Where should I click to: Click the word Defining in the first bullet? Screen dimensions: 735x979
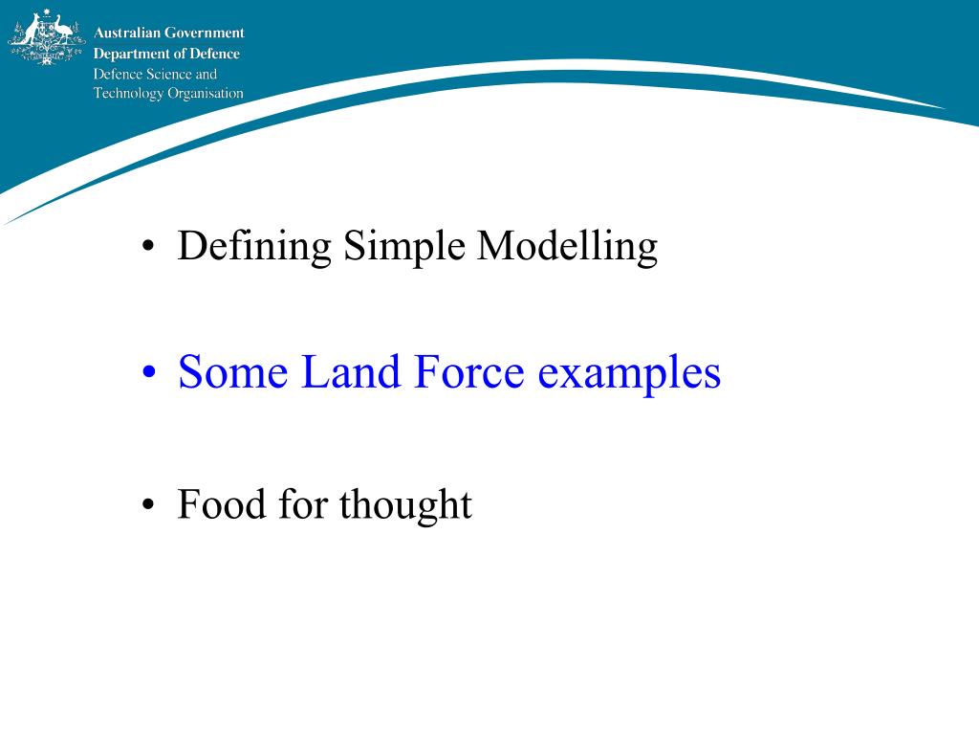click(x=254, y=246)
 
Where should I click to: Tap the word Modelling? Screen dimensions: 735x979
click(x=567, y=246)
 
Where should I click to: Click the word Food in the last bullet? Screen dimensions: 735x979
click(x=222, y=503)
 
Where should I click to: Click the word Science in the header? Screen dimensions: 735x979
click(x=169, y=74)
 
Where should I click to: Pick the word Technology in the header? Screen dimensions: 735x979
click(x=128, y=94)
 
